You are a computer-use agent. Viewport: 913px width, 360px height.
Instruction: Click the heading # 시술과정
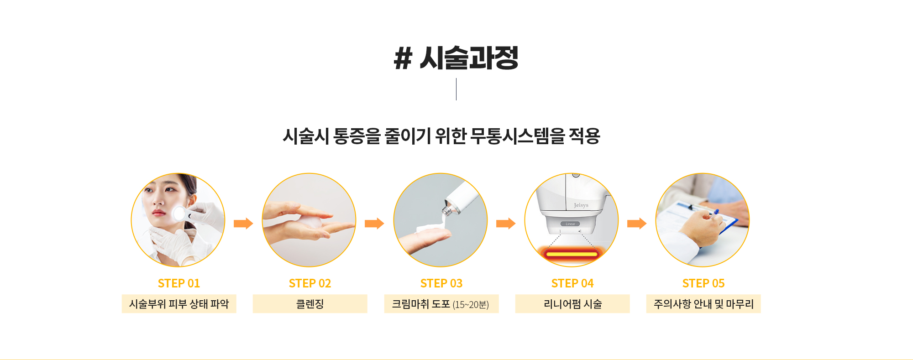pyautogui.click(x=456, y=58)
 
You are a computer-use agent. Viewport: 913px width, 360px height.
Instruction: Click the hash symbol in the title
pyautogui.click(x=403, y=58)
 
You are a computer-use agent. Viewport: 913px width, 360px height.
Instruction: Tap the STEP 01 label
pyautogui.click(x=179, y=283)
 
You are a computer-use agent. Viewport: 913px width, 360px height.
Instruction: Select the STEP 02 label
pyautogui.click(x=310, y=283)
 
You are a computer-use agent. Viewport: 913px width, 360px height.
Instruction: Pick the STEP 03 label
pyautogui.click(x=441, y=283)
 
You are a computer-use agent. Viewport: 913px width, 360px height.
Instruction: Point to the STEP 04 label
pyautogui.click(x=572, y=283)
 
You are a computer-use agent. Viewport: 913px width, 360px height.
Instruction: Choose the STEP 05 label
pyautogui.click(x=703, y=283)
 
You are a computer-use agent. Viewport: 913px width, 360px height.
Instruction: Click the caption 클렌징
pyautogui.click(x=310, y=304)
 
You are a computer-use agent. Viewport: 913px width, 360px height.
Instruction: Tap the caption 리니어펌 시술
pyautogui.click(x=572, y=304)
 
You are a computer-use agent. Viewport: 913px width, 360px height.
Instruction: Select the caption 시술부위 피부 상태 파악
pyautogui.click(x=179, y=304)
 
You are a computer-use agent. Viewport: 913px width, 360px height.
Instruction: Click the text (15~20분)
pyautogui.click(x=471, y=305)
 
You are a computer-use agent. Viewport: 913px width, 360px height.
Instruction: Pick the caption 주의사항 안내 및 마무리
pyautogui.click(x=703, y=304)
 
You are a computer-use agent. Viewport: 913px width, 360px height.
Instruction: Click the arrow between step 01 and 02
pyautogui.click(x=243, y=224)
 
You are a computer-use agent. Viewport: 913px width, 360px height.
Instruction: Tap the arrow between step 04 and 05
pyautogui.click(x=637, y=224)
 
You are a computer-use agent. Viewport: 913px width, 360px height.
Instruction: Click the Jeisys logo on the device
pyautogui.click(x=581, y=205)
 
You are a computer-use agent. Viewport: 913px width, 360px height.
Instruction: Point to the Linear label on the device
pyautogui.click(x=571, y=224)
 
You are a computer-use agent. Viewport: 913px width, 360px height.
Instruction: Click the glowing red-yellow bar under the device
pyautogui.click(x=572, y=254)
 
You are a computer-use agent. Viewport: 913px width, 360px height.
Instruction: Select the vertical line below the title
pyautogui.click(x=456, y=89)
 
